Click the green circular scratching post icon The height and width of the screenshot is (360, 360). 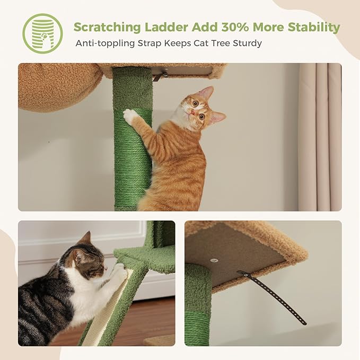(x=42, y=33)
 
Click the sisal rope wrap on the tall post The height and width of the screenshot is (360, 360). (x=133, y=159)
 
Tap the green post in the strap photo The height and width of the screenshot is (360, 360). (x=198, y=308)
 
